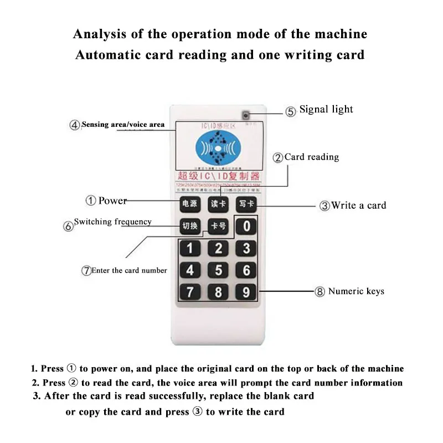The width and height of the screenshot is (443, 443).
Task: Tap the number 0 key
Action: (246, 226)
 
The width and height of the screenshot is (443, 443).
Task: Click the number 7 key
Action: (190, 291)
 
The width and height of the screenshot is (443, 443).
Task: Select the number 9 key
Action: (246, 291)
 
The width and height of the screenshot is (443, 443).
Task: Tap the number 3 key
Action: (246, 249)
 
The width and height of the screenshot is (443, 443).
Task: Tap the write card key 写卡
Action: (245, 204)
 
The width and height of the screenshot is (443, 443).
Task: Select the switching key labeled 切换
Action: (189, 226)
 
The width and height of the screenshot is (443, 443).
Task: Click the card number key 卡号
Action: (218, 226)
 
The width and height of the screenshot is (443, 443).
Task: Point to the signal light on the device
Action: (245, 116)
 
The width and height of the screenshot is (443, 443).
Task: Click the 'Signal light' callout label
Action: (326, 110)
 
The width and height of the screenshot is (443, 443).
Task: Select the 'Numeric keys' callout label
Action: (356, 291)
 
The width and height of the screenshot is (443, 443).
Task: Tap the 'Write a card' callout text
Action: (358, 205)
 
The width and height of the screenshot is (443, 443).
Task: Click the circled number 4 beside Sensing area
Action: (75, 125)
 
